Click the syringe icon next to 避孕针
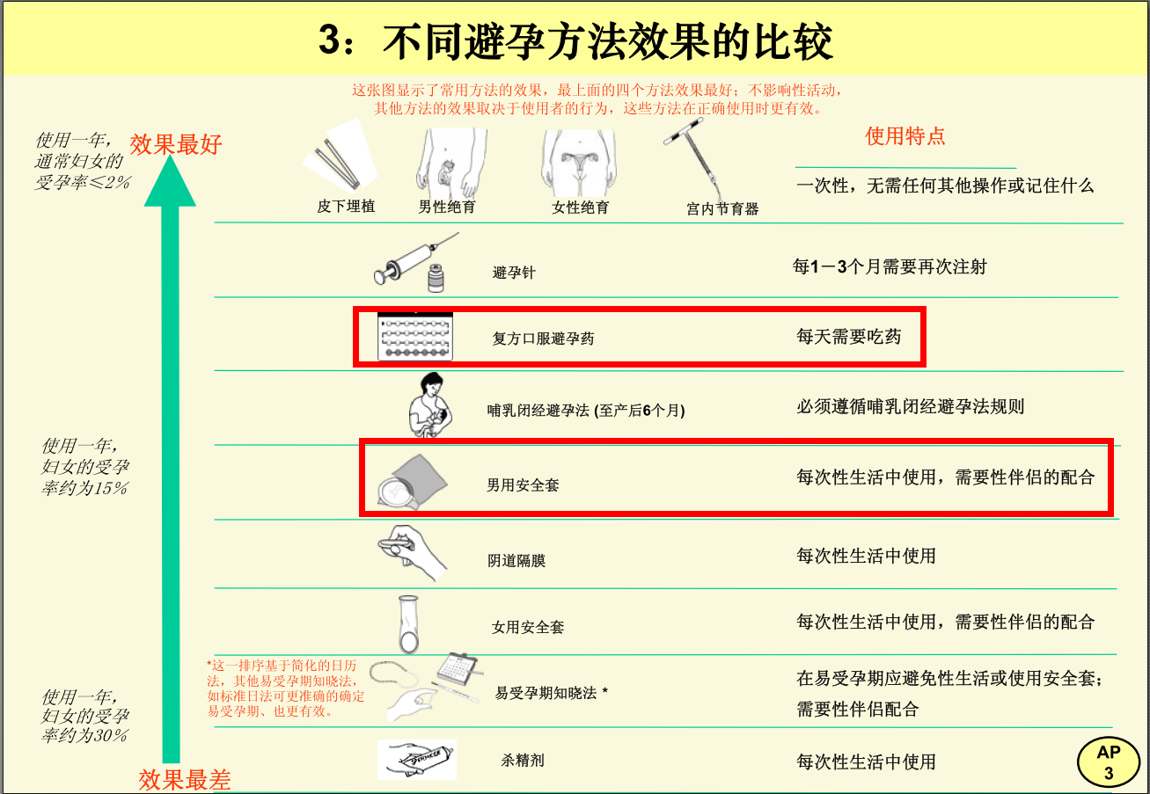[x=416, y=263]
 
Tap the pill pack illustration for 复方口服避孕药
[x=414, y=337]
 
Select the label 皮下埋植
[x=346, y=206]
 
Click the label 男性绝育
[x=447, y=207]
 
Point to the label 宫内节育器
[x=722, y=208]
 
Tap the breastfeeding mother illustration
[x=430, y=405]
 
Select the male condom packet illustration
[x=413, y=482]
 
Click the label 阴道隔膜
[x=516, y=561]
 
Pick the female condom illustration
[x=408, y=624]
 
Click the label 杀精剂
[x=522, y=760]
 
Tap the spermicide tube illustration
[x=417, y=760]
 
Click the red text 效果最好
[x=176, y=144]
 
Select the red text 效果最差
[x=184, y=780]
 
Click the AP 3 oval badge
[x=1109, y=762]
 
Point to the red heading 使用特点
[x=905, y=136]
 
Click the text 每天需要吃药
[x=848, y=337]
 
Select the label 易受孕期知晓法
[x=546, y=693]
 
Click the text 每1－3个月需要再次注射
[x=890, y=266]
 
